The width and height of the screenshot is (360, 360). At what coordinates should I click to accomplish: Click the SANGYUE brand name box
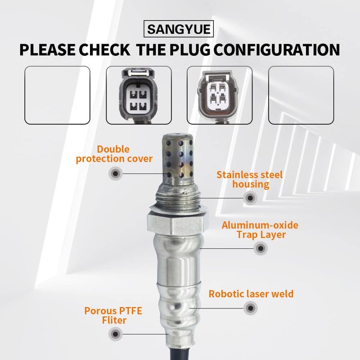[x=180, y=30]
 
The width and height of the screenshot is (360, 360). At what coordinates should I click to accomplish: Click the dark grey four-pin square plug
[x=139, y=94]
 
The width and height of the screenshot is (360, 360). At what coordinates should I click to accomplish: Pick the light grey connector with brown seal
[x=219, y=94]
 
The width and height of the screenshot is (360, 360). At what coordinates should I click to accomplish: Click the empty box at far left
[x=57, y=94]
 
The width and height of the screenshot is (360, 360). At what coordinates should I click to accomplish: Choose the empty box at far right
[x=301, y=94]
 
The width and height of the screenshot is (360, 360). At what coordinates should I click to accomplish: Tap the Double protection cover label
[x=114, y=154]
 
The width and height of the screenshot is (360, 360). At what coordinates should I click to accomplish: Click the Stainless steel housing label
[x=250, y=179]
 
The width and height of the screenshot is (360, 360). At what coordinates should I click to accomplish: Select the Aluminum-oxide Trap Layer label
[x=260, y=229]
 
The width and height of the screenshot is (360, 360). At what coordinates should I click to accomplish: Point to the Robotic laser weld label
[x=251, y=294]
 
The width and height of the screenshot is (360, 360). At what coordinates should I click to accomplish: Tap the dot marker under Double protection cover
[x=115, y=173]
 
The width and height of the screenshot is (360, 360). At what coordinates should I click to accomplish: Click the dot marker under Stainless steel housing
[x=249, y=197]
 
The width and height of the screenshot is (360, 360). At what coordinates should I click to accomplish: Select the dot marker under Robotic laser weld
[x=250, y=308]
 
